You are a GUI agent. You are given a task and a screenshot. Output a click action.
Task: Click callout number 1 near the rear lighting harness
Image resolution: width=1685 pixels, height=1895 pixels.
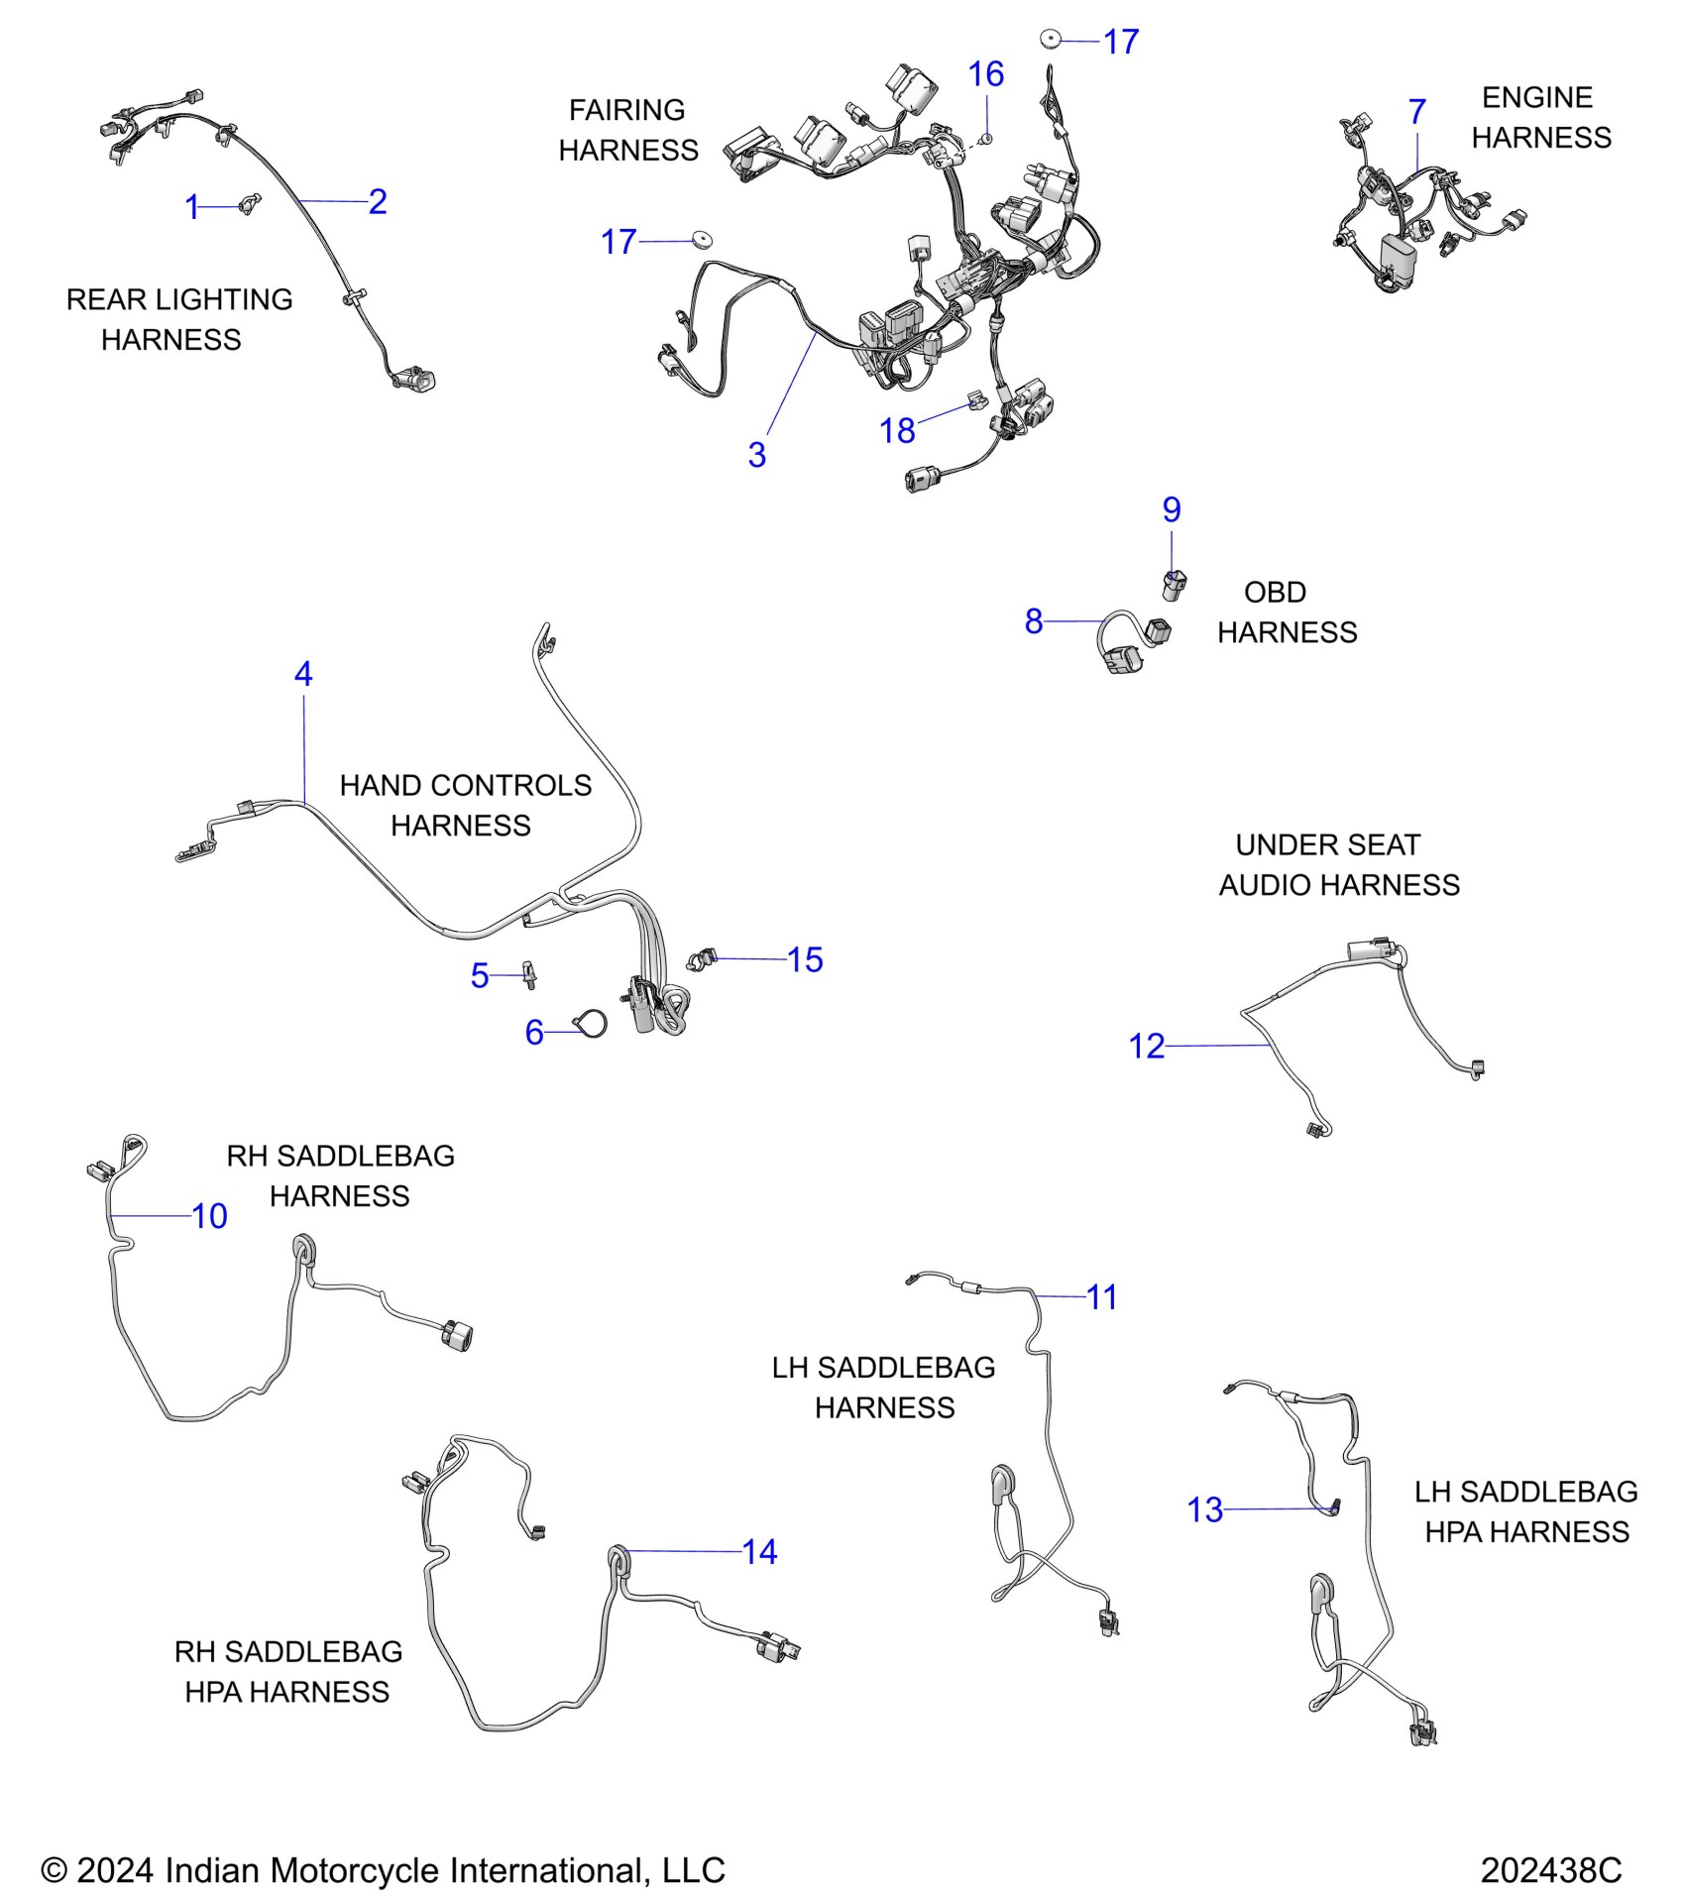[x=192, y=207]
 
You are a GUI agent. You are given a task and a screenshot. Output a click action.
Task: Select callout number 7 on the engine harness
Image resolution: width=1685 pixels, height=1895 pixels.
[x=1417, y=112]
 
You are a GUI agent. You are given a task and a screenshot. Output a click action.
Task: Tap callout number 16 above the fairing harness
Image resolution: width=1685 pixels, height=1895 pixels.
[x=986, y=74]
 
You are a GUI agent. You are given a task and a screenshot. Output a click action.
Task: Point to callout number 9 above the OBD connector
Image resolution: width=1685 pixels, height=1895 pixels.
[x=1172, y=510]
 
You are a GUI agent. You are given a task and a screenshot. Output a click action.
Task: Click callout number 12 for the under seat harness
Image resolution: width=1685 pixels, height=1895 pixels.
[x=1147, y=1047]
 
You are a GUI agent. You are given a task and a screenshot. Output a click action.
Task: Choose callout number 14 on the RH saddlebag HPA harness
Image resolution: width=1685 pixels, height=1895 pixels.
[x=759, y=1552]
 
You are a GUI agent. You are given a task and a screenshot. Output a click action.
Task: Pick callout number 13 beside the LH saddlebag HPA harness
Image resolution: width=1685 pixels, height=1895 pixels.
[x=1204, y=1510]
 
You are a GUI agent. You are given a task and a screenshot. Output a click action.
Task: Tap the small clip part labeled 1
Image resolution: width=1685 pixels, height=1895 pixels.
[x=249, y=204]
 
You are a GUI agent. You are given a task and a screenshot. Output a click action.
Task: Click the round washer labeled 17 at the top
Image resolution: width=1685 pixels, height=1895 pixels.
[x=1051, y=40]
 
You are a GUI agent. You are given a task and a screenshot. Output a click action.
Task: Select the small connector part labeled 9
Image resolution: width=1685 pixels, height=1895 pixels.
[x=1175, y=584]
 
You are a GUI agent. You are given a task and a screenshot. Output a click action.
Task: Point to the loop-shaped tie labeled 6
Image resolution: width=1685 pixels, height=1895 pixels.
[x=590, y=1025]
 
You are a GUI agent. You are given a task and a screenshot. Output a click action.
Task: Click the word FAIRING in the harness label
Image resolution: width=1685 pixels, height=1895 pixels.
[x=626, y=110]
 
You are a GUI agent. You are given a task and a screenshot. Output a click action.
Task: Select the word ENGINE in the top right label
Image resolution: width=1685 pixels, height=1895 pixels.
[x=1536, y=98]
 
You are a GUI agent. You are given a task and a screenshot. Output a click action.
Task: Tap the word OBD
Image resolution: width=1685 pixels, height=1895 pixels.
[x=1275, y=593]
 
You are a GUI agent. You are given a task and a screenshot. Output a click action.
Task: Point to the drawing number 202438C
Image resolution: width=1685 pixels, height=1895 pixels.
[x=1550, y=1870]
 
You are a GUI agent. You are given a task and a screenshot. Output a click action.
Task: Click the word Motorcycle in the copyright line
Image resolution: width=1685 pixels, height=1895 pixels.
[x=355, y=1870]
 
